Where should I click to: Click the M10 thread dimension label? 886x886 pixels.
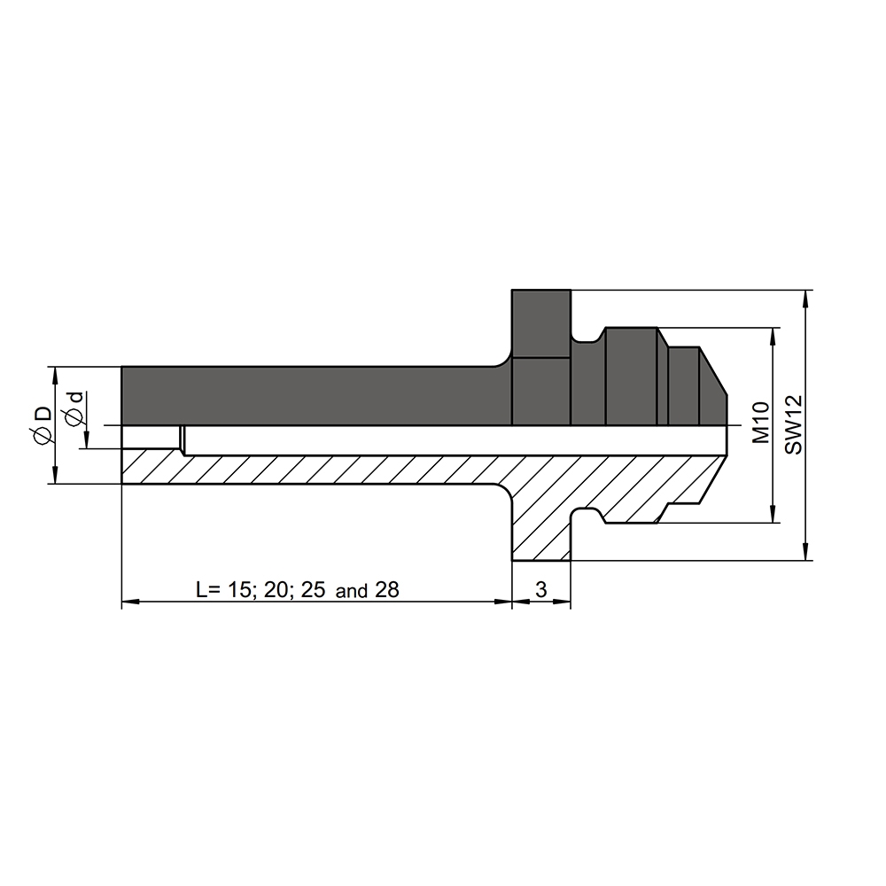(x=762, y=422)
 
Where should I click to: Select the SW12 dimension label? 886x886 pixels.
(x=794, y=424)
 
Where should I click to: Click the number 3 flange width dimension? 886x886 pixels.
(x=540, y=589)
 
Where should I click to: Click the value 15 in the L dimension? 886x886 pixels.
(x=238, y=589)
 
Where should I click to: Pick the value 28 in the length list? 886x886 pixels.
(x=387, y=589)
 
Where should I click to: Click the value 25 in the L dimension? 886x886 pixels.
(x=314, y=589)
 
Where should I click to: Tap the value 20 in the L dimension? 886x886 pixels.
(x=276, y=589)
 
